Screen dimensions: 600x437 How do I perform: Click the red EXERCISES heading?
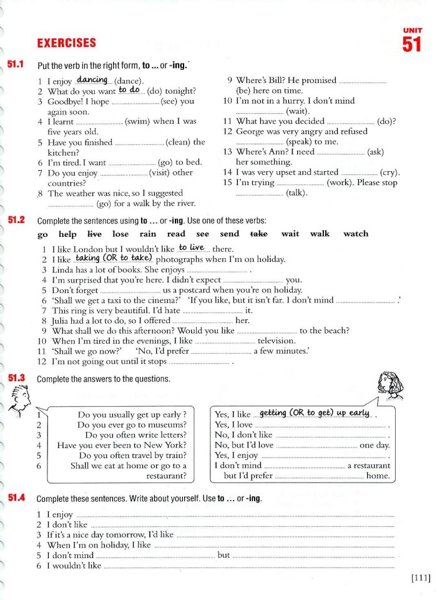click(67, 43)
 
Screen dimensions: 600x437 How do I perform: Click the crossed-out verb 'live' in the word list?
click(94, 234)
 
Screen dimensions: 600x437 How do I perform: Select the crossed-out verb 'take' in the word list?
click(258, 234)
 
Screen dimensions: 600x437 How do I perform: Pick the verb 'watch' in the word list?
click(356, 234)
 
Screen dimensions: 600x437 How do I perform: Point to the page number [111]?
click(421, 578)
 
